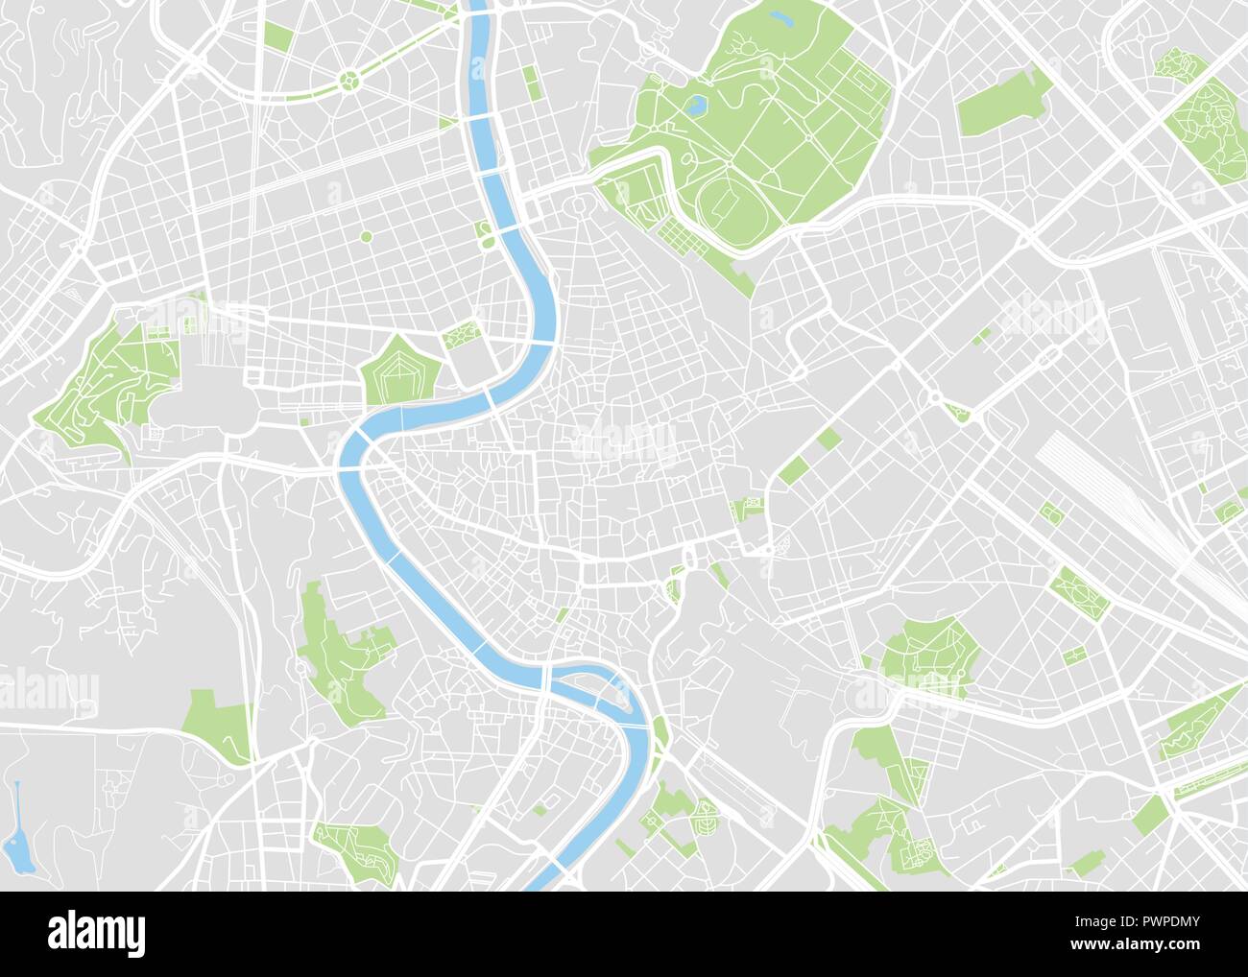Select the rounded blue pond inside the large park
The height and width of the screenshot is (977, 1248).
tap(699, 103)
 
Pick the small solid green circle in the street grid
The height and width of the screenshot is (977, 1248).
tap(366, 236)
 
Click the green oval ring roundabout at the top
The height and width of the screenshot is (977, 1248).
tap(350, 80)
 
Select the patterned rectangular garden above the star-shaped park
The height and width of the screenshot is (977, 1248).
tap(461, 334)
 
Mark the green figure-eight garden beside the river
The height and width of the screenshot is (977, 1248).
tap(486, 233)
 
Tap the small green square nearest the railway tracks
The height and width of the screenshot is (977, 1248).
tap(1050, 512)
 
